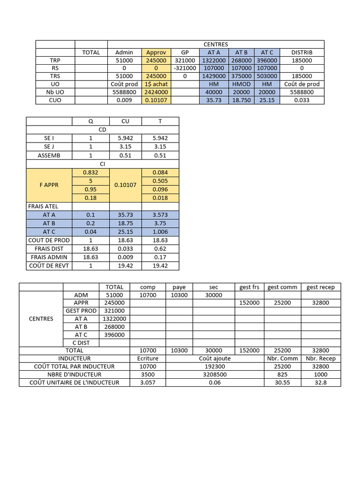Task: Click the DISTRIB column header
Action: (x=301, y=52)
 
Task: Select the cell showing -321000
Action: (x=185, y=68)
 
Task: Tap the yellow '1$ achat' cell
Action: (x=156, y=84)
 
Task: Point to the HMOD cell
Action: (x=241, y=84)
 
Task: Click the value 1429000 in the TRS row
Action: (x=214, y=76)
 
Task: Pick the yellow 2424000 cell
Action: (x=156, y=92)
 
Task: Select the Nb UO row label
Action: (x=55, y=92)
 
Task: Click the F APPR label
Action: (x=49, y=185)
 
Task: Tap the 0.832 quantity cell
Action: (x=90, y=172)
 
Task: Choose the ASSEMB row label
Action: (x=49, y=156)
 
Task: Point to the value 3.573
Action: (x=160, y=215)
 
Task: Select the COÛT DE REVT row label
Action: (x=49, y=266)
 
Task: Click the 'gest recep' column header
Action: (x=321, y=287)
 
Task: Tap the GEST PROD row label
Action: (x=81, y=311)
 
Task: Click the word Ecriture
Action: (x=148, y=359)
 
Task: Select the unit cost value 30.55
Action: (x=283, y=382)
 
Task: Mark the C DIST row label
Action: (x=81, y=343)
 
